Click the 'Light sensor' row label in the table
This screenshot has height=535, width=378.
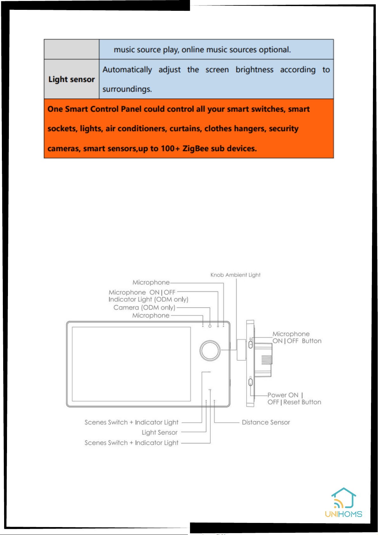(x=71, y=79)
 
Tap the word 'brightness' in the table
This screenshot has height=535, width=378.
(x=254, y=70)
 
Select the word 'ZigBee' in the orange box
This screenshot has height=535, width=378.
(x=196, y=148)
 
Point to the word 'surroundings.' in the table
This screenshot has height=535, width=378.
(x=127, y=89)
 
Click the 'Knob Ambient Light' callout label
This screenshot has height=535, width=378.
(x=235, y=275)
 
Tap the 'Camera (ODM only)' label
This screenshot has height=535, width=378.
(x=144, y=307)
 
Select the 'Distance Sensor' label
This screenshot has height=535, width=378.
(x=266, y=422)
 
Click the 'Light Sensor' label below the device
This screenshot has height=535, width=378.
(x=160, y=432)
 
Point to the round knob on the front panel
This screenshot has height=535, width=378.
(x=210, y=351)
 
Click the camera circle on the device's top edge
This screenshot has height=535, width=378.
(x=210, y=326)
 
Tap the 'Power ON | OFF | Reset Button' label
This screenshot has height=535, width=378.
(x=294, y=398)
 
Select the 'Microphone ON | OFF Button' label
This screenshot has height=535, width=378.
(x=297, y=337)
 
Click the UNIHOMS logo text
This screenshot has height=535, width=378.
(x=343, y=514)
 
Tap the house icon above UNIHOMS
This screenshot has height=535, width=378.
(x=344, y=498)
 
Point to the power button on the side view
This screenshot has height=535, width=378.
(x=250, y=382)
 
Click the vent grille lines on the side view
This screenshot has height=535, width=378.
(x=267, y=360)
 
